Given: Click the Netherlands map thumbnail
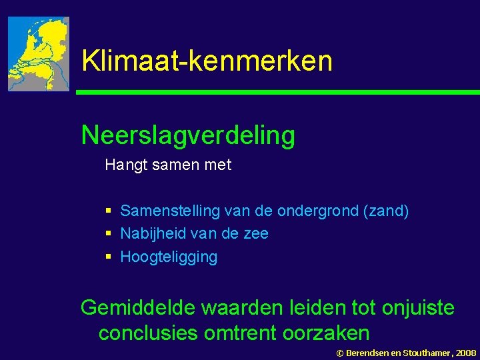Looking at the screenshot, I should pyautogui.click(x=39, y=54).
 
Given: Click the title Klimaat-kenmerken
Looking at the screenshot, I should pyautogui.click(x=207, y=61).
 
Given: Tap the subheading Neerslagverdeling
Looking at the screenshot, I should pyautogui.click(x=188, y=135).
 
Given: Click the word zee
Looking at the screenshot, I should pyautogui.click(x=257, y=234).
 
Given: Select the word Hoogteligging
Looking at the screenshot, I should pyautogui.click(x=169, y=257).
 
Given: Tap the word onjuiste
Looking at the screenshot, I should pyautogui.click(x=418, y=308).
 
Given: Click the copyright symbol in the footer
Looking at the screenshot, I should pyautogui.click(x=339, y=352).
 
